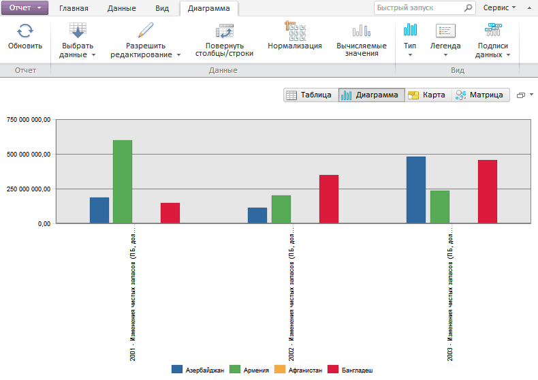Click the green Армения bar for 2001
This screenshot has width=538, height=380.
coord(123,181)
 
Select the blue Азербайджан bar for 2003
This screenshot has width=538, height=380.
coord(416,189)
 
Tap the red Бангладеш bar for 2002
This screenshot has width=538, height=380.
coord(329,199)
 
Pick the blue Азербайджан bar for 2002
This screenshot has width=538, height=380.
coord(257,215)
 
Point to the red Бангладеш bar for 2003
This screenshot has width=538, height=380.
coord(488,191)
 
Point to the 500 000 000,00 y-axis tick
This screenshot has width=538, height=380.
coord(28,154)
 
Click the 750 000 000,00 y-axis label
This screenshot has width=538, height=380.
coord(28,120)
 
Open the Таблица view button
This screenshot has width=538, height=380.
coord(310,95)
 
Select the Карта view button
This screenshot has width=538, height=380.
coord(427,95)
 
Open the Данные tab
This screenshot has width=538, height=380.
coord(121,8)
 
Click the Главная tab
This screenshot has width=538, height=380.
coord(74,8)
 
